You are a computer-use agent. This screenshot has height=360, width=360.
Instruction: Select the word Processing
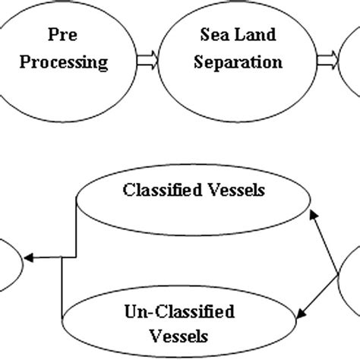click(x=63, y=62)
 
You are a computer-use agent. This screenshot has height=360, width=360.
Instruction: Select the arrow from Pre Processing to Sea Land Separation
click(x=149, y=57)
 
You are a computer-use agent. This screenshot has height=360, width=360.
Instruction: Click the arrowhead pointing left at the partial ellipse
click(x=29, y=258)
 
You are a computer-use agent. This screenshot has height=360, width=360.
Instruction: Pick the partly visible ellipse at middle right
click(x=350, y=281)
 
